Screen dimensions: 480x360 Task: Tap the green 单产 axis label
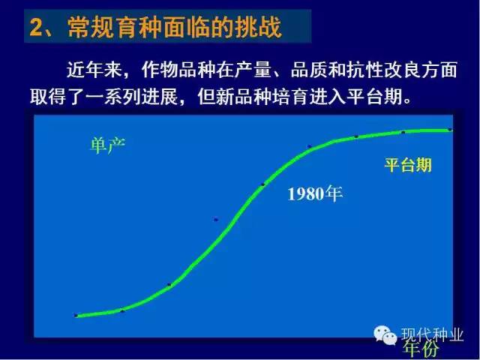pyautogui.click(x=107, y=145)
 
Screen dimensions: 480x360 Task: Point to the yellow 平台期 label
pyautogui.click(x=408, y=165)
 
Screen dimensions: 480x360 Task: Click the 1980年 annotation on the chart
pyautogui.click(x=315, y=193)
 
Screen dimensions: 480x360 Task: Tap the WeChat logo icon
pyautogui.click(x=385, y=334)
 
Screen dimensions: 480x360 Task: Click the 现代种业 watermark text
pyautogui.click(x=432, y=335)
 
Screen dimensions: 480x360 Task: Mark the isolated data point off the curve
pyautogui.click(x=216, y=220)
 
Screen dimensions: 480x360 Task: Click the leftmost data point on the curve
pyautogui.click(x=76, y=315)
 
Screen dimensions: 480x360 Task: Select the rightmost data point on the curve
pyautogui.click(x=450, y=130)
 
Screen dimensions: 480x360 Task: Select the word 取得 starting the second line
pyautogui.click(x=48, y=97)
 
